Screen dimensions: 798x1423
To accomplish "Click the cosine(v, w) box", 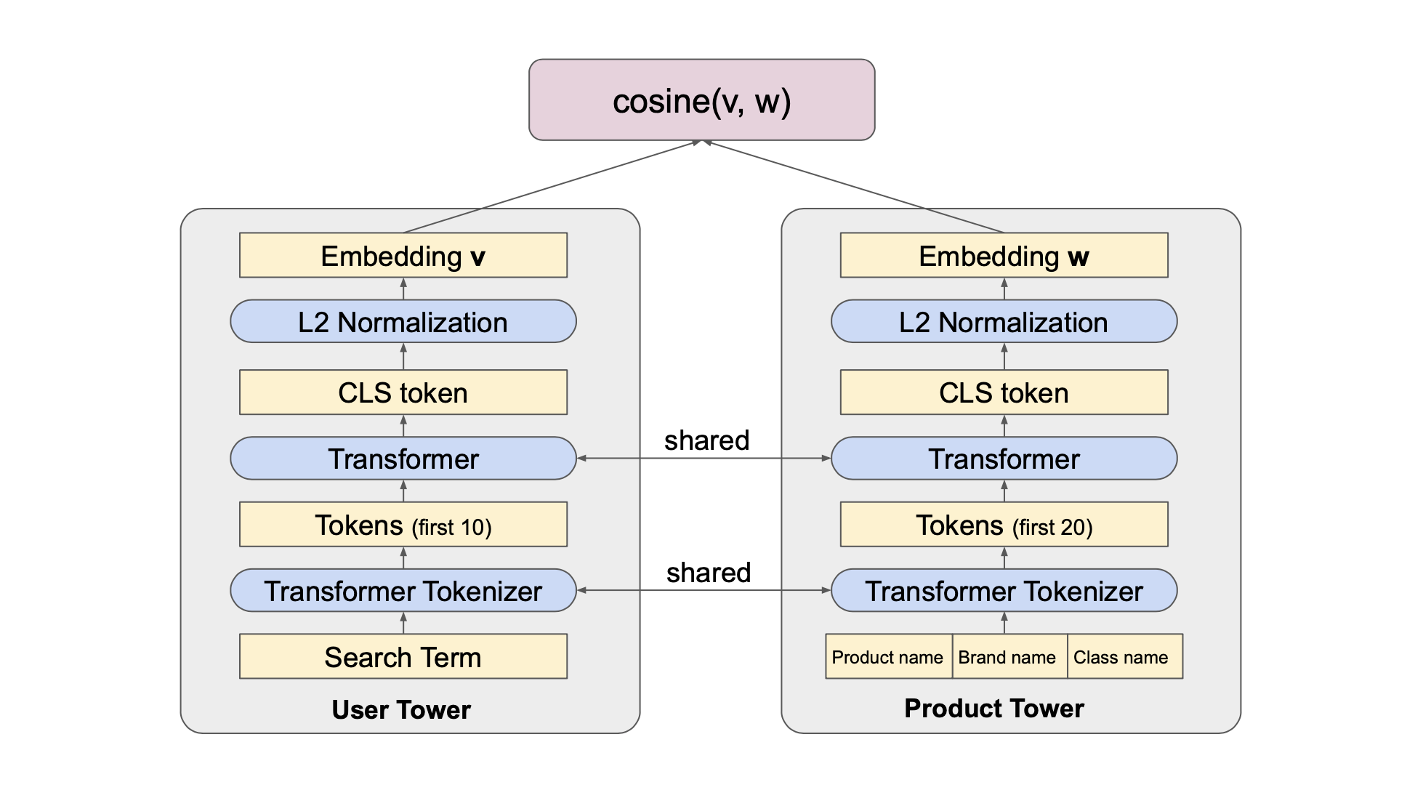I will click(701, 100).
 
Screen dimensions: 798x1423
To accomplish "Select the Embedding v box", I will click(403, 256).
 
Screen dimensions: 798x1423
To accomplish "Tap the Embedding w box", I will click(1004, 256).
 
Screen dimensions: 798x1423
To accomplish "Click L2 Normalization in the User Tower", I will click(403, 322).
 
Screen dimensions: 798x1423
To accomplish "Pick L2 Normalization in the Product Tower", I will click(1004, 322).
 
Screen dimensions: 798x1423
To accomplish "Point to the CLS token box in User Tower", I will click(403, 392).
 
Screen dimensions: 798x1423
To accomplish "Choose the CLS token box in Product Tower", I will click(1004, 392).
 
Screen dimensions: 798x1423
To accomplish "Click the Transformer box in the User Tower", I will click(403, 459).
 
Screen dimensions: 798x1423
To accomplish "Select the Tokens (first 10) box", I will click(403, 525).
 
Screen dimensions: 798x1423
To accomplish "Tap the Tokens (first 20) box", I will click(1004, 525).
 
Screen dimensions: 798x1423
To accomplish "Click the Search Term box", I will click(403, 657).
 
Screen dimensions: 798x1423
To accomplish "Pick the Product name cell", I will click(888, 657).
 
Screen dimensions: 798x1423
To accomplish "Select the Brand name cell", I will click(1008, 657).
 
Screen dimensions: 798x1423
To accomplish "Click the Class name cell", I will click(1123, 657).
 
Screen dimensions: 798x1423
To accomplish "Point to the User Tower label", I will click(401, 709).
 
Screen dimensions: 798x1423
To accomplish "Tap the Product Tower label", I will click(993, 708).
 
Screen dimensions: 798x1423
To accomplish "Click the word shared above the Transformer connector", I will click(706, 440).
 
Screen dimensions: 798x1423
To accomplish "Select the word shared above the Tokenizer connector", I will click(709, 573).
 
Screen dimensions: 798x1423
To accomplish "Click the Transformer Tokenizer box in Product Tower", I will click(1004, 591).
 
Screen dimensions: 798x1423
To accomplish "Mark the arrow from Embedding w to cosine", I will click(854, 187).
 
